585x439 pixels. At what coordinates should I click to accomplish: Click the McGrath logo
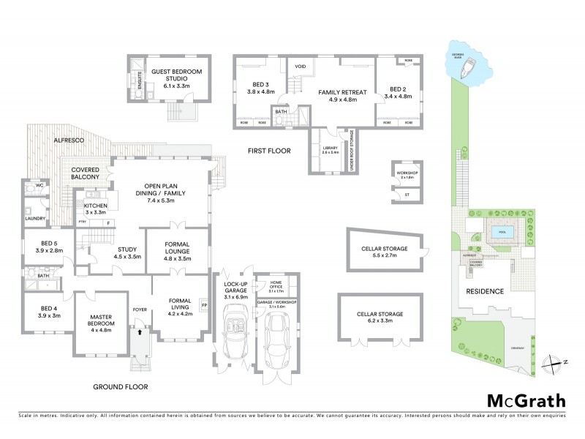click(x=526, y=400)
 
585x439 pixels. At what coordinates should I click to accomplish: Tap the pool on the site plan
click(x=501, y=232)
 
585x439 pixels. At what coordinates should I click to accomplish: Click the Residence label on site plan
click(x=486, y=291)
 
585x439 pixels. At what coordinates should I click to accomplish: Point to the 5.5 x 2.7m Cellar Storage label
click(x=384, y=252)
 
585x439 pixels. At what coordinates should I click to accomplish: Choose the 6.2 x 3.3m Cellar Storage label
click(x=380, y=317)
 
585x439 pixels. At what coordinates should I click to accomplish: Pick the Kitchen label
click(x=96, y=210)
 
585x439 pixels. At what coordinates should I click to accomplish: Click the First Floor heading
click(x=270, y=151)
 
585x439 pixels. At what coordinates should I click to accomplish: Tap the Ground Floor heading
click(x=121, y=386)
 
